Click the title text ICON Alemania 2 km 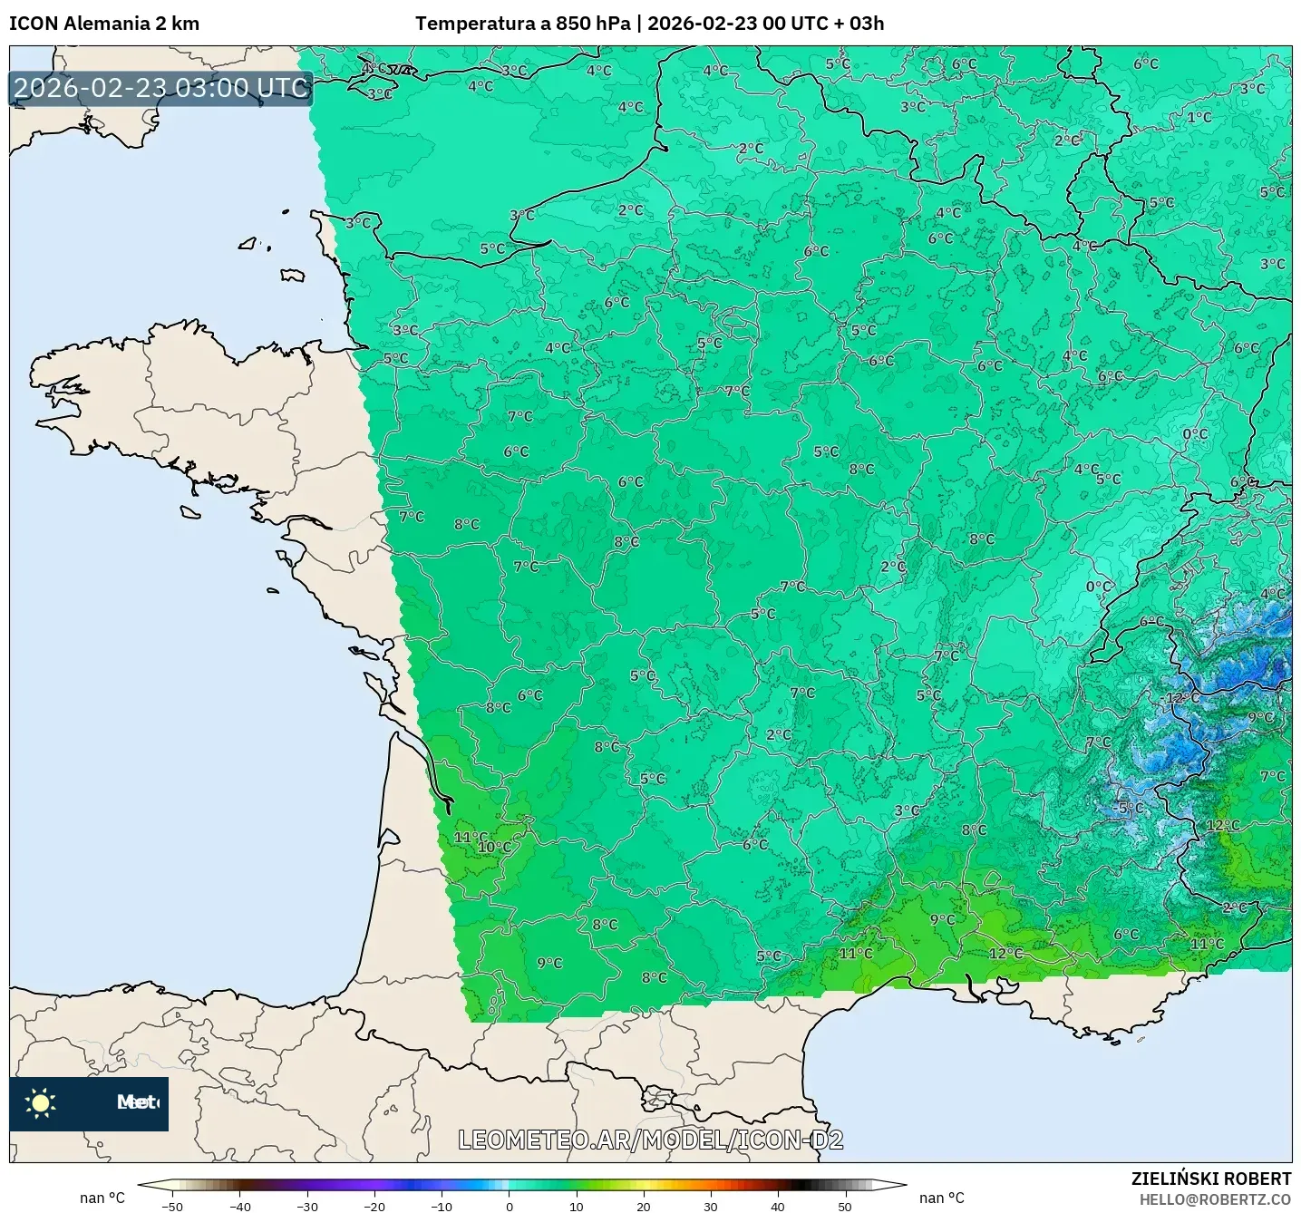point(104,24)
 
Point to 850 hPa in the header point(594,24)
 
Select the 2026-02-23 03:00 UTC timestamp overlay point(160,88)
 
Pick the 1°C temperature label point(1199,118)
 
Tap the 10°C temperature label point(494,848)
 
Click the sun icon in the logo point(41,1102)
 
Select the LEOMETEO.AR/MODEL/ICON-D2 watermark point(650,1140)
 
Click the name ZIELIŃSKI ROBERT point(1211,1179)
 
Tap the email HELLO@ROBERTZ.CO point(1215,1199)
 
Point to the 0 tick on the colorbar point(509,1206)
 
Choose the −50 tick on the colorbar point(172,1206)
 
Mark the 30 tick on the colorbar point(710,1206)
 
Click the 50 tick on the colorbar point(844,1206)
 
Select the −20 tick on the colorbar point(374,1206)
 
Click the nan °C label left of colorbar point(102,1198)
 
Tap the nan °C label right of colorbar point(941,1198)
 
